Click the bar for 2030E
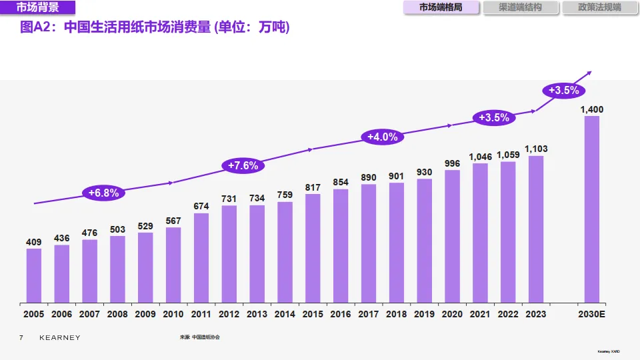tap(591, 209)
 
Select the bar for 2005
tap(34, 275)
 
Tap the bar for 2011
tap(201, 257)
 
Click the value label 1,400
tap(591, 109)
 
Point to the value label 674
tap(201, 206)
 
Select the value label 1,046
tap(480, 157)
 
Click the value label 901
tap(396, 176)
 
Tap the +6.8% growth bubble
tap(103, 193)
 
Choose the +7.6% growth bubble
tap(243, 165)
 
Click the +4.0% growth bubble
tap(382, 137)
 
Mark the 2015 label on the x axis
tap(313, 313)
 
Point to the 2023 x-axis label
tap(535, 313)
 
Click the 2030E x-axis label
tap(591, 313)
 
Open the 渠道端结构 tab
tap(520, 8)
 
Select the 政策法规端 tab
tap(599, 8)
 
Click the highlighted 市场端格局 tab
tap(441, 8)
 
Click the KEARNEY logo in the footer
tap(59, 338)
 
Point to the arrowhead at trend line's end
tap(589, 73)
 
